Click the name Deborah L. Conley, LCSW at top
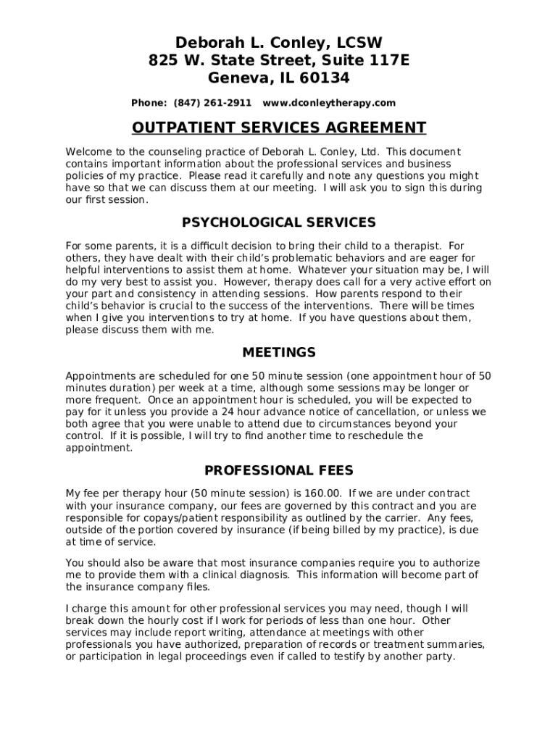pyautogui.click(x=278, y=43)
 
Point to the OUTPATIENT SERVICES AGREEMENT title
pyautogui.click(x=279, y=128)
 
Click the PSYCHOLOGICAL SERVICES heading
pyautogui.click(x=279, y=222)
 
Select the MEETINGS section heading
pyautogui.click(x=279, y=353)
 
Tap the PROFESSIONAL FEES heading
pyautogui.click(x=279, y=470)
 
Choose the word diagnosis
pyautogui.click(x=263, y=575)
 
